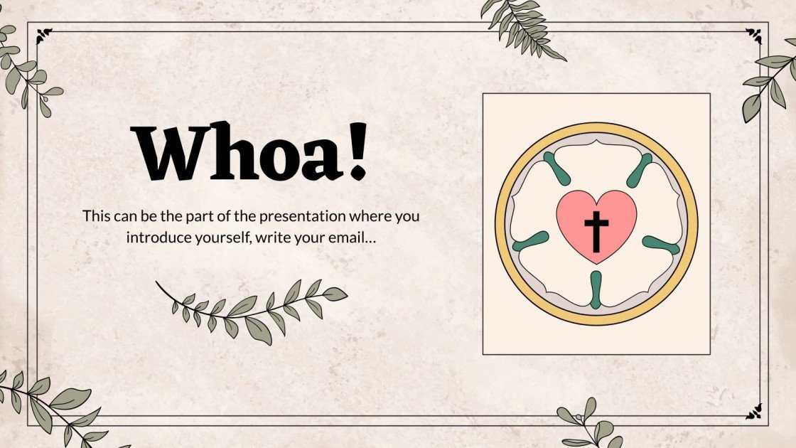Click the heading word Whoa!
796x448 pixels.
tap(252, 151)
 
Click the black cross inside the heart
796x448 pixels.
tap(596, 231)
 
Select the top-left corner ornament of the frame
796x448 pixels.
tap(44, 31)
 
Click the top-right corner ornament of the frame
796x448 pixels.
tap(753, 31)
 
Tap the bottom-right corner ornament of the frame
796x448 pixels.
tap(753, 410)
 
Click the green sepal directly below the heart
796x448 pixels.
tap(596, 289)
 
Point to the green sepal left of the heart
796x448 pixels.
tap(530, 241)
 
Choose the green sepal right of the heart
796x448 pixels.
tap(661, 245)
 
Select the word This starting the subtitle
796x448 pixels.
tap(97, 215)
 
